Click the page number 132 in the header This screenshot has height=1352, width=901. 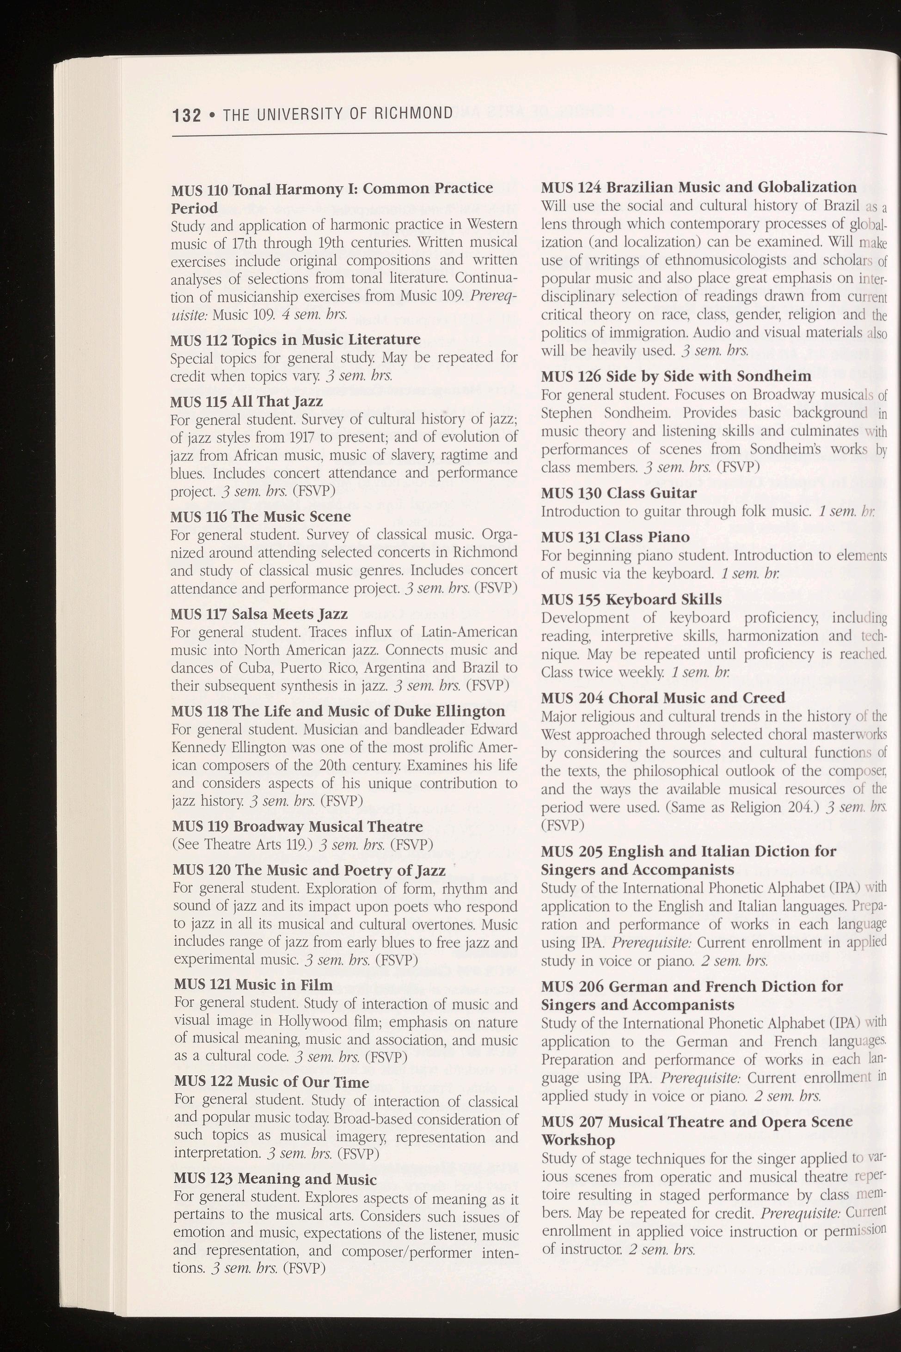[187, 116]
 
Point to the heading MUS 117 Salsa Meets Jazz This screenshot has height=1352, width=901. [259, 614]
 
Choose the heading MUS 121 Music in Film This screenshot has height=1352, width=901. [253, 984]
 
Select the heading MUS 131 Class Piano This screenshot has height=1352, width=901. [615, 537]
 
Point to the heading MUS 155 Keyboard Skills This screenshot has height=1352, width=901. [631, 600]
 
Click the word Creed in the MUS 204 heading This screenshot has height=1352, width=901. [761, 697]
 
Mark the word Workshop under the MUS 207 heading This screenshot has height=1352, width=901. [577, 1140]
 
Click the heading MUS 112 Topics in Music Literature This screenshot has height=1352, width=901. [295, 340]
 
